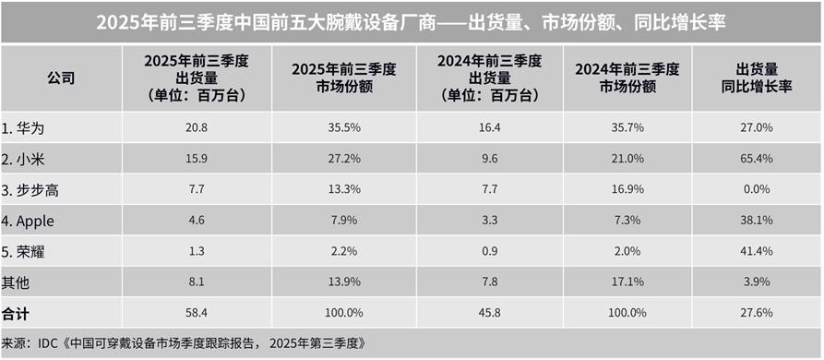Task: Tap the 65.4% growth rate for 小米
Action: pyautogui.click(x=758, y=158)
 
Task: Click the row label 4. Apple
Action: pyautogui.click(x=31, y=221)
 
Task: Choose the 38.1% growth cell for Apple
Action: pyautogui.click(x=758, y=221)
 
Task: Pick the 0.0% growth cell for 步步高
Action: pyautogui.click(x=758, y=189)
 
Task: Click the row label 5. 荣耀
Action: pyautogui.click(x=27, y=252)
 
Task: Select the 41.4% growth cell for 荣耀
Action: pyautogui.click(x=758, y=252)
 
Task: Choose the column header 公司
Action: pyautogui.click(x=61, y=78)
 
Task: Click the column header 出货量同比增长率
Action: pyautogui.click(x=758, y=78)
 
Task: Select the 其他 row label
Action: pyautogui.click(x=17, y=283)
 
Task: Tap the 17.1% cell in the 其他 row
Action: pyautogui.click(x=627, y=283)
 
